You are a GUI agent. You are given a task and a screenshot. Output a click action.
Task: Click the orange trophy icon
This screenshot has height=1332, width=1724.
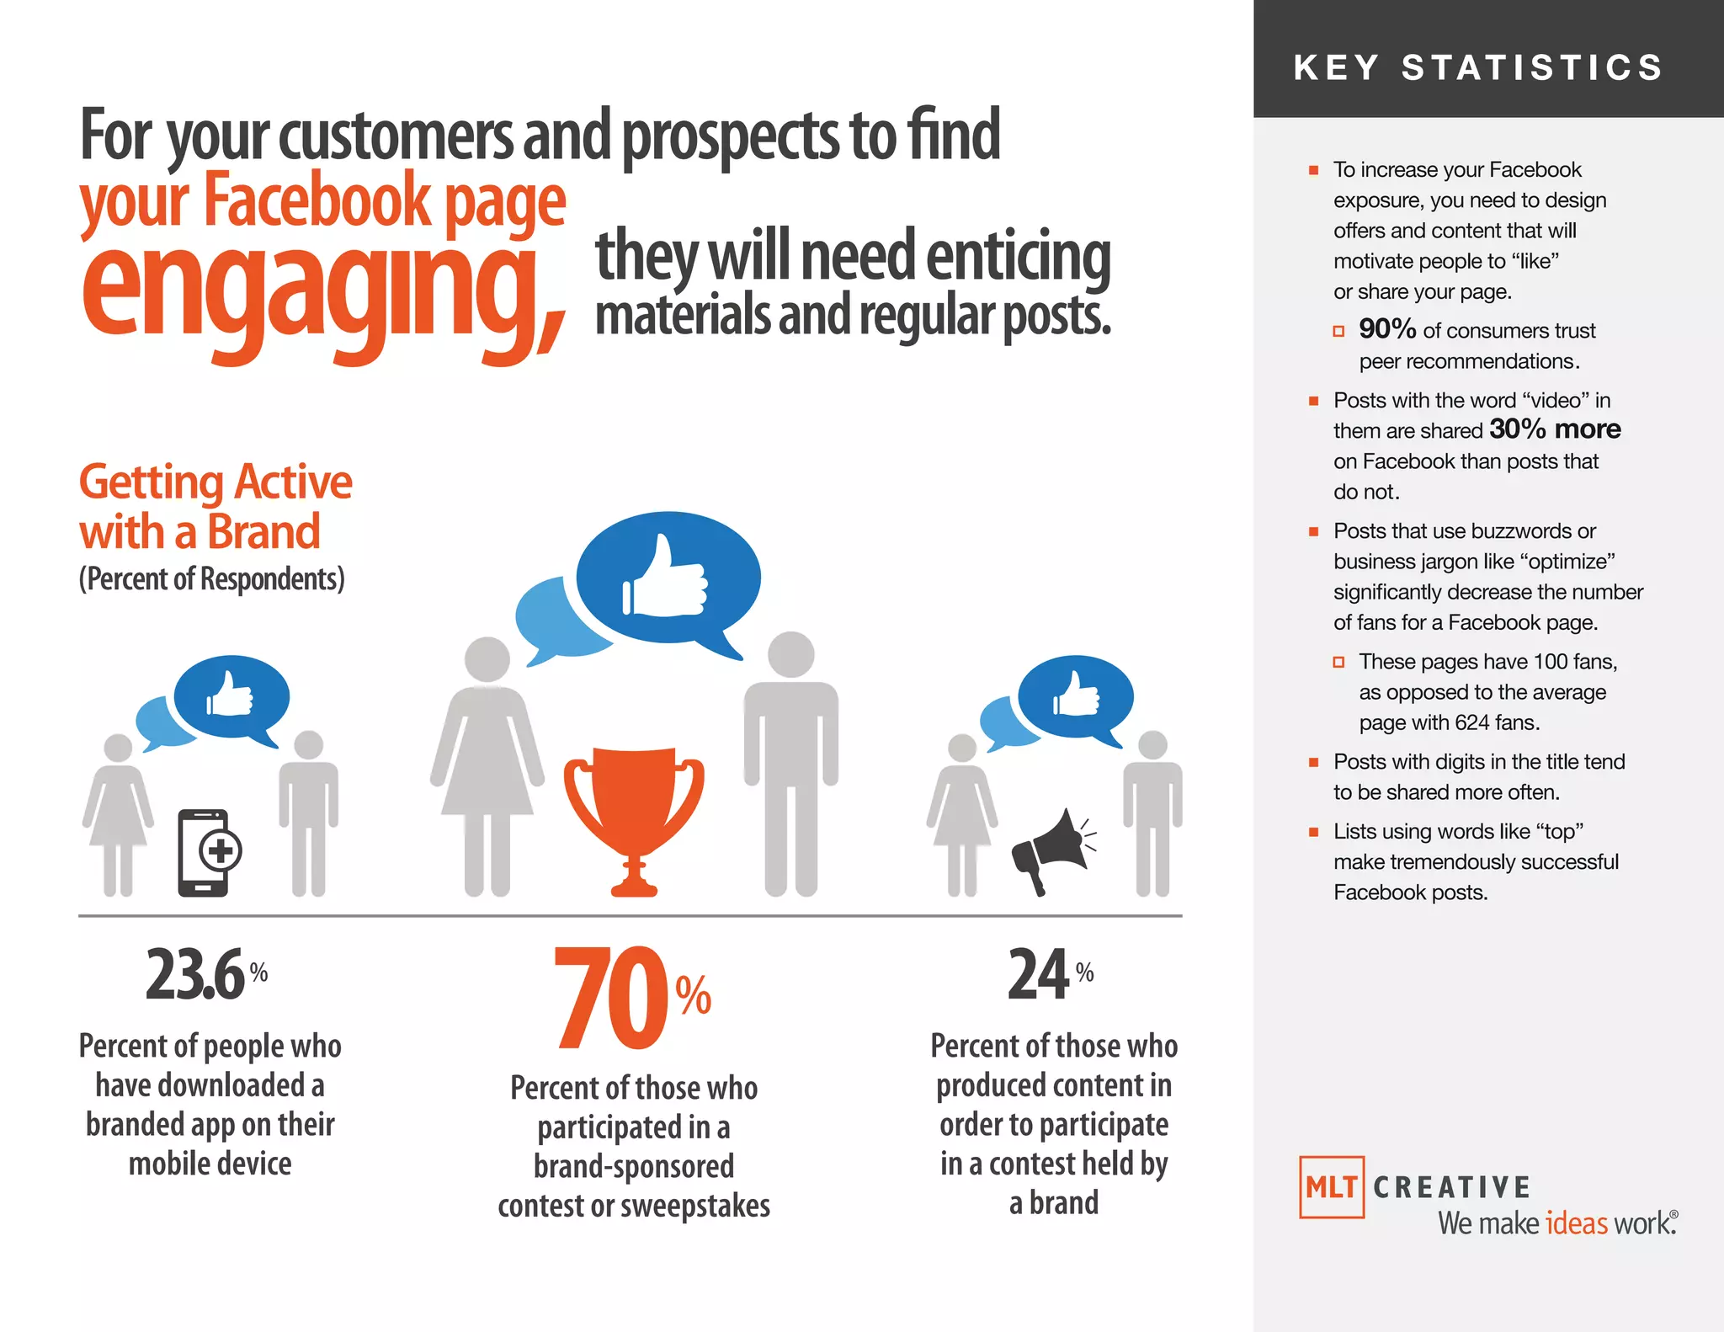point(634,808)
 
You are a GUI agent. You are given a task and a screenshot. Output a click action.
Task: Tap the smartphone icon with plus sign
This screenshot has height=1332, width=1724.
point(207,852)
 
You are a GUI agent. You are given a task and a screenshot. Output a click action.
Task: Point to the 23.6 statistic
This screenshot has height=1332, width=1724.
point(195,975)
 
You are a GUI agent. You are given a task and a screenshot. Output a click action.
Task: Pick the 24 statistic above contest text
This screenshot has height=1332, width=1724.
point(1039,975)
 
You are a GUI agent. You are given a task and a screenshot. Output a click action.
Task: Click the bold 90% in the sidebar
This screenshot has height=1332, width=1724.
point(1387,329)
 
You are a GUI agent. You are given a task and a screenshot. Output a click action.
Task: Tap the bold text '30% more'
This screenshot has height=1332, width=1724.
point(1555,429)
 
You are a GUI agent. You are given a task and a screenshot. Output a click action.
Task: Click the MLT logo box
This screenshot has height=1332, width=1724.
point(1331,1187)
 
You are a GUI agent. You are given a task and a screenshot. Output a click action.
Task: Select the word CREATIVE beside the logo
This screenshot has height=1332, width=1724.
point(1451,1187)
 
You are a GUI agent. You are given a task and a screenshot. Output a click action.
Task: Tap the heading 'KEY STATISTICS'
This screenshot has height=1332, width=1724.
point(1478,67)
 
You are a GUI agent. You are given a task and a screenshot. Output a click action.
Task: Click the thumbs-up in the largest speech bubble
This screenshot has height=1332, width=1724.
point(665,578)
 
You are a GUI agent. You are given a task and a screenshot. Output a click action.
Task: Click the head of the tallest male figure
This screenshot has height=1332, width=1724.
point(791,654)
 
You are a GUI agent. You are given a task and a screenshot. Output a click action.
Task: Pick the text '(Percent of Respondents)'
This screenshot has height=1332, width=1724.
point(211,579)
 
